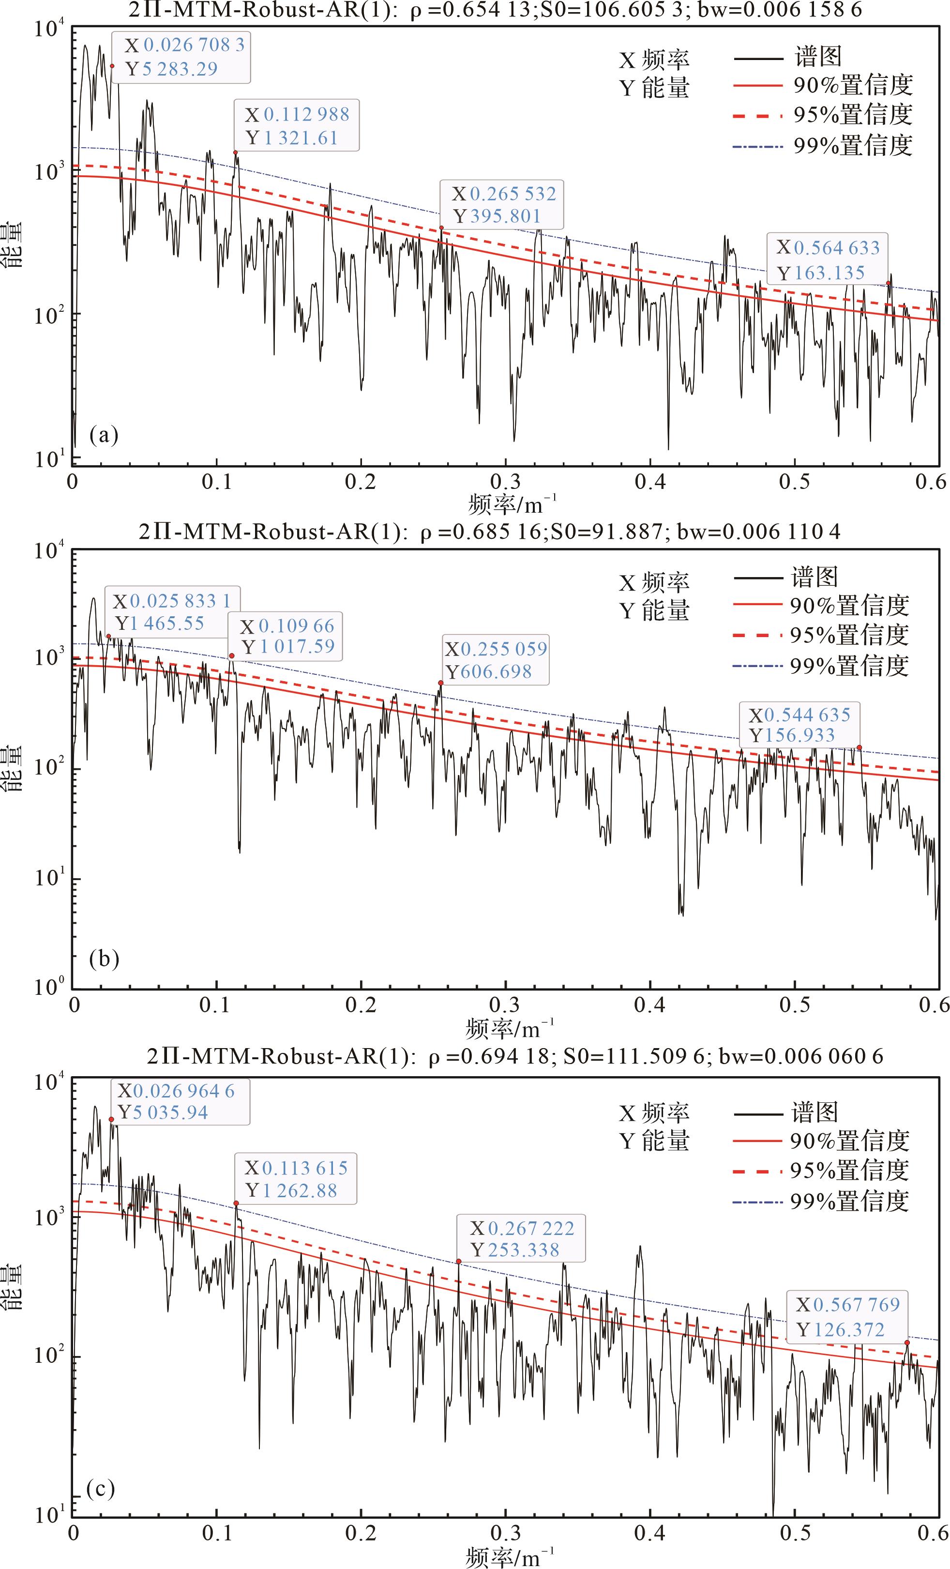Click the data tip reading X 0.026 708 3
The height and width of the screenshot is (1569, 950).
[x=181, y=57]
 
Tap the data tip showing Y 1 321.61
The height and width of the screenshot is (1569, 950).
[x=297, y=125]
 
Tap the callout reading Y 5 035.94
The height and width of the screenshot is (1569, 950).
[x=179, y=1102]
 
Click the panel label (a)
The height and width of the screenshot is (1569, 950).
[x=104, y=436]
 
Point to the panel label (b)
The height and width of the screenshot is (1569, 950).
[x=104, y=959]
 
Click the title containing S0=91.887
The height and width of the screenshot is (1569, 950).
[x=489, y=531]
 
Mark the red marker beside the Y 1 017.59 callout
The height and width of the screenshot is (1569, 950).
[x=232, y=655]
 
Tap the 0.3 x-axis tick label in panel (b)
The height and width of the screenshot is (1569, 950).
[x=505, y=1006]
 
